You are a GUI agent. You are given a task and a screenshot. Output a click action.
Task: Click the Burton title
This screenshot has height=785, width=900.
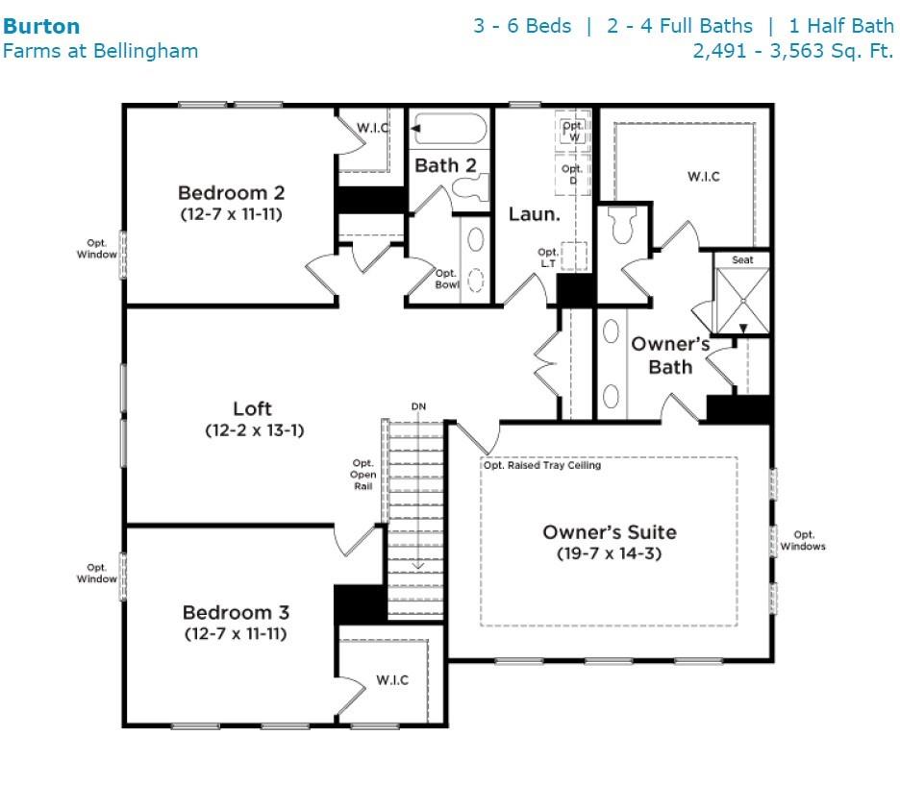coord(41,26)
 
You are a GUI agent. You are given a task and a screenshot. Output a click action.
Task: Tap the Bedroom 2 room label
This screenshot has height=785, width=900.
coord(232,193)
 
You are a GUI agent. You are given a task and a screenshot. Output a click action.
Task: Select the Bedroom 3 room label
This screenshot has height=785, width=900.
coord(236,612)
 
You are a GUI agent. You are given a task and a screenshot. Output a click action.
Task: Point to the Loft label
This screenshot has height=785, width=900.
coord(252,409)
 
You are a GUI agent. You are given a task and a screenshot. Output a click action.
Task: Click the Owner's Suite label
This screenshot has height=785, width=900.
coord(610,532)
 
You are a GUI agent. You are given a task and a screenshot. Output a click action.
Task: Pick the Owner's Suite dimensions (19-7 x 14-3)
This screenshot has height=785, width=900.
coord(610,553)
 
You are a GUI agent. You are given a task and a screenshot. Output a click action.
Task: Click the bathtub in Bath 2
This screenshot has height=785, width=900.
coord(450,129)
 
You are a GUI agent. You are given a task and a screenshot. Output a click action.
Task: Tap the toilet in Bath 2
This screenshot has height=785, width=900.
coord(470,187)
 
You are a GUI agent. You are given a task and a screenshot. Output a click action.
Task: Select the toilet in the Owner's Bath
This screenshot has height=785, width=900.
coord(624,224)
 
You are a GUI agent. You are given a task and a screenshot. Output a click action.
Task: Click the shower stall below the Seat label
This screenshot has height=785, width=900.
coord(742,301)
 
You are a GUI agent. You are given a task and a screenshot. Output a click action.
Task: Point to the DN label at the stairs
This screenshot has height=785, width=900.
coord(418,406)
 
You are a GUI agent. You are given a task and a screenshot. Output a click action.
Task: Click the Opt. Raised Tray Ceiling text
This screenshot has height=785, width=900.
coord(542,465)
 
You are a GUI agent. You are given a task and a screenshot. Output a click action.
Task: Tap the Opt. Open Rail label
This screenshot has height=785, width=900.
coord(363,475)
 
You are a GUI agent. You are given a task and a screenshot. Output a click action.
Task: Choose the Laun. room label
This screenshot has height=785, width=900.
coord(535,214)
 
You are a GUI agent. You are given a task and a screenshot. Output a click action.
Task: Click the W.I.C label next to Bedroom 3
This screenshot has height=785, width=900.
coord(392,680)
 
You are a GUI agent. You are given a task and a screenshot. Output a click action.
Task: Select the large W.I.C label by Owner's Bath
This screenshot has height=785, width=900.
coord(704,177)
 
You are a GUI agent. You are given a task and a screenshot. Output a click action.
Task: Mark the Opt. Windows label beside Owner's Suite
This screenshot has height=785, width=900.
coord(803,541)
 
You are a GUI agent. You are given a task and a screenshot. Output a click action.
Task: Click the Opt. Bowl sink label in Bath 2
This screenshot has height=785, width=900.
coord(447,279)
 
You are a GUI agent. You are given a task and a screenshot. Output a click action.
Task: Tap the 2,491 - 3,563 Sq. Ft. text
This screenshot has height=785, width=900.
coord(793,51)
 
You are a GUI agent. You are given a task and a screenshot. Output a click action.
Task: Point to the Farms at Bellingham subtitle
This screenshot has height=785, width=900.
coord(100,51)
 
